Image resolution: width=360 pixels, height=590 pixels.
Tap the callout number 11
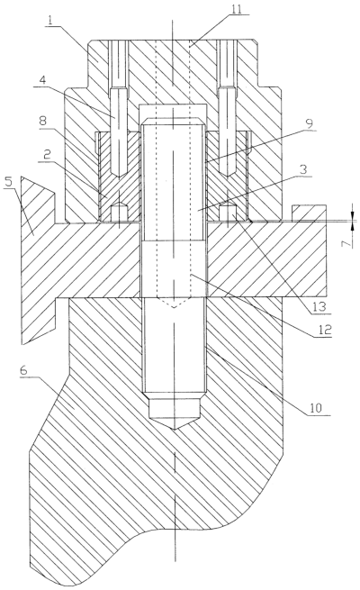(237, 9)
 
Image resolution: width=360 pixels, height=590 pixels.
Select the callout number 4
(42, 80)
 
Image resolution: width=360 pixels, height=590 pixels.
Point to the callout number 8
(44, 122)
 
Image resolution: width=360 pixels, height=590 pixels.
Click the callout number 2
(47, 155)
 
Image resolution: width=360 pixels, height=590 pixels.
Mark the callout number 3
(303, 170)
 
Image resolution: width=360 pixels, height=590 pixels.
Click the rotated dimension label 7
(347, 242)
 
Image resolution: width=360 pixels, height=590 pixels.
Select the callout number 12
(325, 331)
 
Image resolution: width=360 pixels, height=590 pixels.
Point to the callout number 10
(316, 408)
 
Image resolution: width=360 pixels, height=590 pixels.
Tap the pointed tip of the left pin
(119, 177)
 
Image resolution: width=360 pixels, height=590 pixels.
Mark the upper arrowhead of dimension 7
(353, 217)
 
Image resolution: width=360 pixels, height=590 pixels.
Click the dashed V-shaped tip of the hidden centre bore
(174, 307)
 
